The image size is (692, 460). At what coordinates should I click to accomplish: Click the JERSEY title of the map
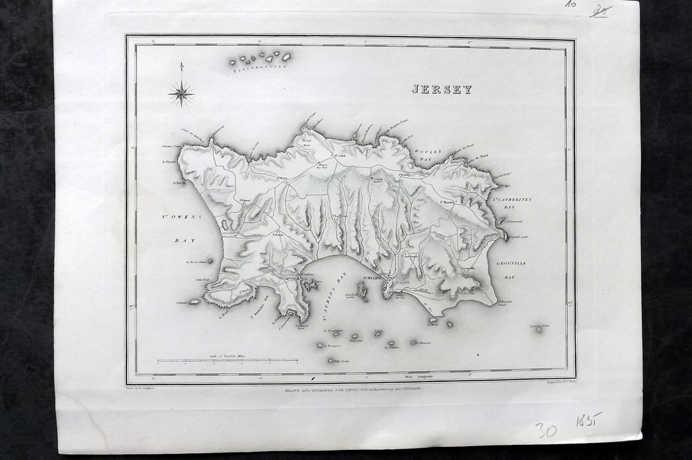(442, 89)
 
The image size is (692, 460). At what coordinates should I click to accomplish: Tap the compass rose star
(181, 94)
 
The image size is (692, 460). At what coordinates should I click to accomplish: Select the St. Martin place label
(447, 202)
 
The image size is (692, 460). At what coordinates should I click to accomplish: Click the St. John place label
(340, 155)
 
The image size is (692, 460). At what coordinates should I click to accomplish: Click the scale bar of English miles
(227, 361)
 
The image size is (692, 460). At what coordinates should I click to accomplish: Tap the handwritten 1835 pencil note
(591, 420)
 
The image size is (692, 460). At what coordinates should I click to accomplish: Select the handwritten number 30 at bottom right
(546, 430)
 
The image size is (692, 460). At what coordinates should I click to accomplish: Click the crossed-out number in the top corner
(601, 11)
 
